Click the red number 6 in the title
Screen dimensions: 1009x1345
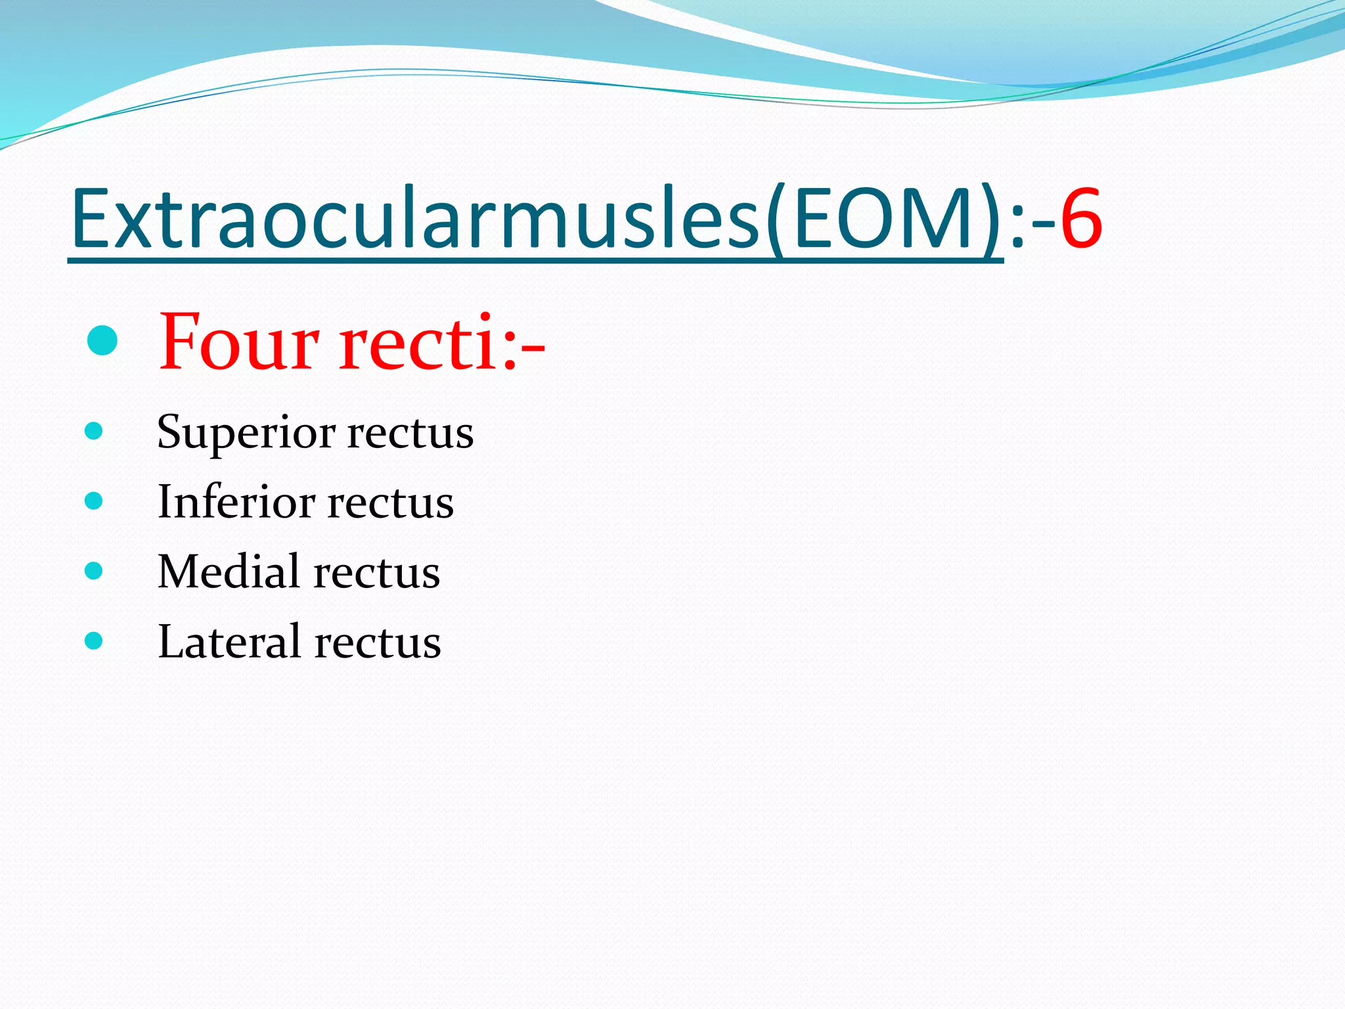pos(1081,219)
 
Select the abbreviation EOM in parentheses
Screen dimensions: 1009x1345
pos(883,219)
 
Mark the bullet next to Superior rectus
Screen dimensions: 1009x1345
pos(94,431)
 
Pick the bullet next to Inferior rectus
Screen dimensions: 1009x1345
pos(94,501)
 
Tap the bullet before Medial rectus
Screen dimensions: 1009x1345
pos(94,571)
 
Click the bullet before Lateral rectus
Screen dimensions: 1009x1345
pos(94,640)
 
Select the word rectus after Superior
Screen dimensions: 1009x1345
pos(410,434)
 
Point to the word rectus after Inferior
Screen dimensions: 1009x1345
pos(391,504)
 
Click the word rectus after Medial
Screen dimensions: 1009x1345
pos(377,573)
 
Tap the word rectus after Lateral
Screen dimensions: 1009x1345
pos(378,643)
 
